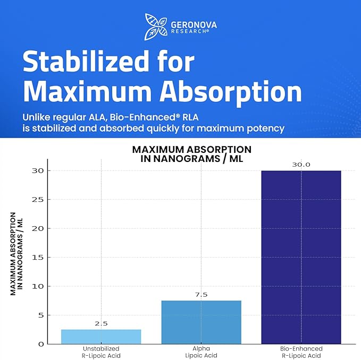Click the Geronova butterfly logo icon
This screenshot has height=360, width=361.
tap(155, 24)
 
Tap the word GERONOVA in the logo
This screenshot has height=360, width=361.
tap(194, 24)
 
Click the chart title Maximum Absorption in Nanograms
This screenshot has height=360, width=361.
tap(191, 153)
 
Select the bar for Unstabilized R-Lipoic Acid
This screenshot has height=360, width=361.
tap(101, 337)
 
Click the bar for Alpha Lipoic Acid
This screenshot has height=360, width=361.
tap(201, 322)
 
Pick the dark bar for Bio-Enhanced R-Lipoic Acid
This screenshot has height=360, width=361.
tap(301, 257)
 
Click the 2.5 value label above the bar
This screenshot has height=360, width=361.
tap(101, 323)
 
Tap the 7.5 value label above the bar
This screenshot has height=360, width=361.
tap(201, 295)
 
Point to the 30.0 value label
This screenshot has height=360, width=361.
tap(301, 165)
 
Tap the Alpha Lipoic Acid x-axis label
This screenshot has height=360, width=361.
tap(201, 351)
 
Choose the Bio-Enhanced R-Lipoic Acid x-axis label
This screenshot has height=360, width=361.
tap(301, 351)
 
